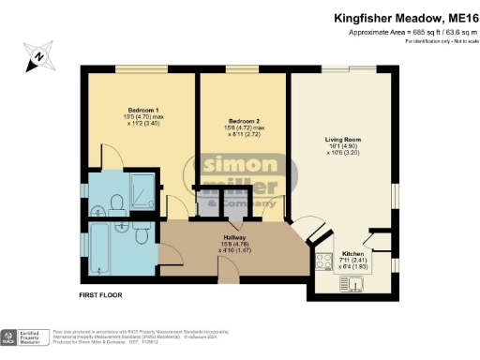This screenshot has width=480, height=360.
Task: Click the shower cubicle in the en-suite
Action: (142, 191)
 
